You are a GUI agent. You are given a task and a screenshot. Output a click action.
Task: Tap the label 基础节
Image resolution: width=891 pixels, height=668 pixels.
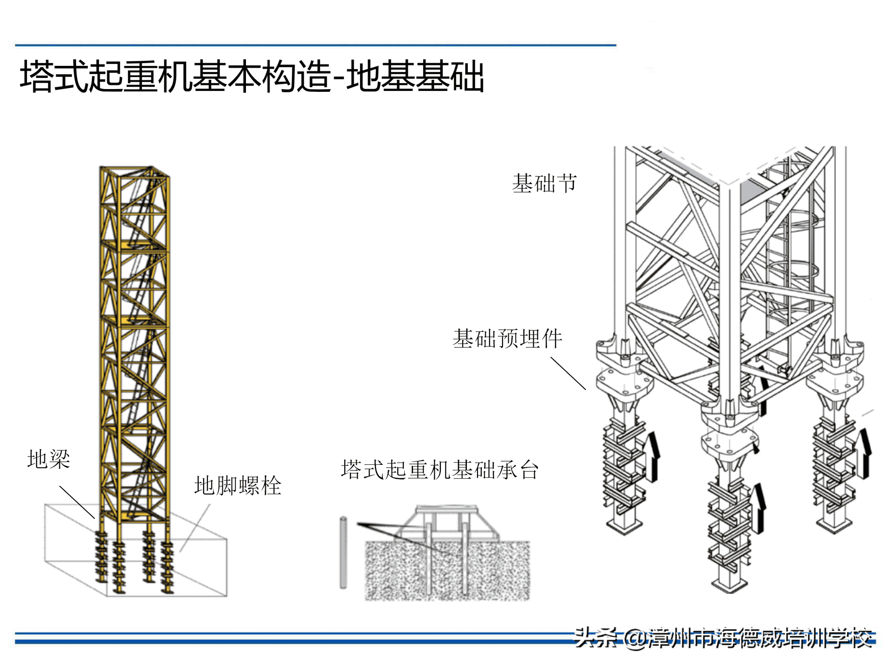[x=544, y=183]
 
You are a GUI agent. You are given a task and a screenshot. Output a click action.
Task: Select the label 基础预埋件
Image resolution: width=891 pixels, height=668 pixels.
[x=507, y=339]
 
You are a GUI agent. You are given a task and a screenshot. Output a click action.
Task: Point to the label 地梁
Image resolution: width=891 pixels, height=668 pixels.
[x=49, y=459]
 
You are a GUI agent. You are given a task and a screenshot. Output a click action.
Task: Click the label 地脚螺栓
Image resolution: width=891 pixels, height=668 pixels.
[x=238, y=486]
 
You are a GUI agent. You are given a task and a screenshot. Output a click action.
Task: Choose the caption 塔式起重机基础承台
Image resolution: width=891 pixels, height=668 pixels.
[x=440, y=469]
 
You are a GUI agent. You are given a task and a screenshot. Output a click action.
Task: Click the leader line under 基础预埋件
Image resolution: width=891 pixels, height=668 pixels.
[x=568, y=373]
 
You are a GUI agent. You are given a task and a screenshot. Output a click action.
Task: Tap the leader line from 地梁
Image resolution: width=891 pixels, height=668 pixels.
[x=77, y=502]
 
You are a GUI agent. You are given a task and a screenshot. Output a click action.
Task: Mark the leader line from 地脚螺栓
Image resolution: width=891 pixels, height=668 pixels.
[x=195, y=528]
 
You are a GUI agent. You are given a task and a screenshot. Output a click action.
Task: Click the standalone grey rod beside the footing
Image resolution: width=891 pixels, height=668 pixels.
[x=343, y=552]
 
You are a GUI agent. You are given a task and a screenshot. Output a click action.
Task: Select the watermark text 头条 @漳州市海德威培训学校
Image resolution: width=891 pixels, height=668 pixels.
[x=724, y=637]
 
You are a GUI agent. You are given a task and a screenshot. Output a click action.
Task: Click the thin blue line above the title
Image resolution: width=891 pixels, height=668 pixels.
[x=316, y=45]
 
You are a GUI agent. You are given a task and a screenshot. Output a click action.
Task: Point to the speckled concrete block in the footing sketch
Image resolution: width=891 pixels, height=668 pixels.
[x=447, y=571]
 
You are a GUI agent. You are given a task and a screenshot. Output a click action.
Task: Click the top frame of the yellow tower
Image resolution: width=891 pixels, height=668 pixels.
[x=135, y=172]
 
